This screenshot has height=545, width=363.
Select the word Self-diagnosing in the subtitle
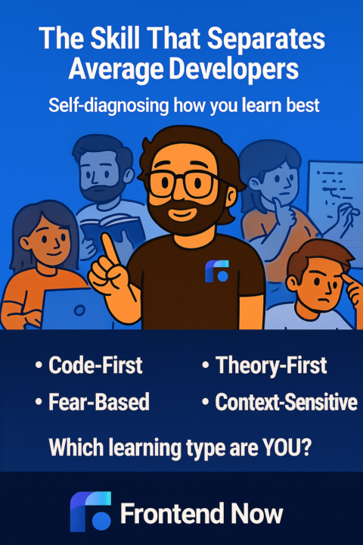[x=98, y=105]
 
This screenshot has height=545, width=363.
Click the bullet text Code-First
[x=95, y=366]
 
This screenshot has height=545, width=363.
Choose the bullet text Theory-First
[x=271, y=366]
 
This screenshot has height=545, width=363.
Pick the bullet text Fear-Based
[x=98, y=402]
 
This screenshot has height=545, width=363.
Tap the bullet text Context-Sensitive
[x=286, y=402]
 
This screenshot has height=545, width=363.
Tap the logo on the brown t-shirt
[x=217, y=272]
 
